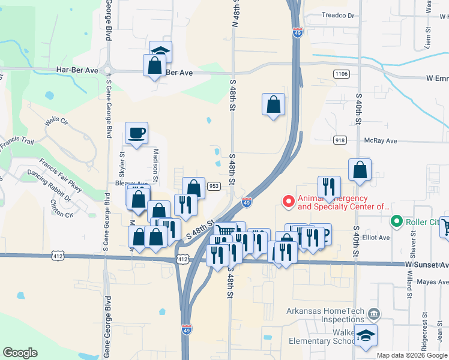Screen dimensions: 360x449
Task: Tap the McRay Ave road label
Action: pos(381,141)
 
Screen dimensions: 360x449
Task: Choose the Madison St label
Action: pos(155,164)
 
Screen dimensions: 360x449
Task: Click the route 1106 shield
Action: pos(341,73)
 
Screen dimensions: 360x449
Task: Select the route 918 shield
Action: pos(340,140)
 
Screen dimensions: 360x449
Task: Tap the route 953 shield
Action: pos(214,186)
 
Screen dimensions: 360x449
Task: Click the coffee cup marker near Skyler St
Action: pos(136,133)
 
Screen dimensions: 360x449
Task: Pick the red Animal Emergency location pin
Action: pos(288,202)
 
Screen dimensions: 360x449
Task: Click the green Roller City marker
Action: pos(396,222)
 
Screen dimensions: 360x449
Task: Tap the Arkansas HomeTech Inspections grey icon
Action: pos(373,313)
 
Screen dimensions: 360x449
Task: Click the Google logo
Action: pos(20,353)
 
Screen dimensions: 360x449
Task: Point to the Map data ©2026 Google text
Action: pos(411,355)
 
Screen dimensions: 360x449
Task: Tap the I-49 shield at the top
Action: pos(298,33)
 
